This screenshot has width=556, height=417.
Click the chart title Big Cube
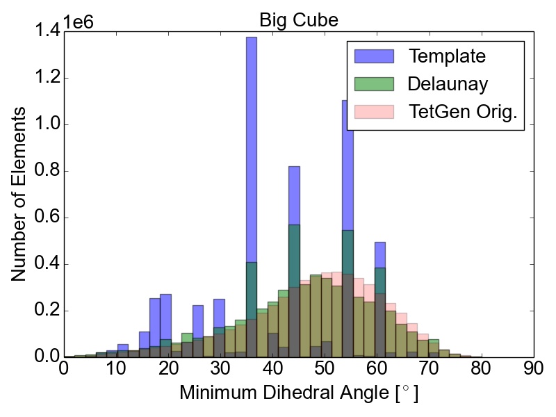click(298, 20)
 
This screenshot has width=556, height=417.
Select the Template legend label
click(447, 55)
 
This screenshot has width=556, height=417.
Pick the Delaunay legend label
click(448, 83)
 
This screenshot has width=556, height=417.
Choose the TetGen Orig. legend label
click(464, 112)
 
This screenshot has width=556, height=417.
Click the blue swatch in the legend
click(374, 55)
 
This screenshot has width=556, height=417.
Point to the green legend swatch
click(374, 83)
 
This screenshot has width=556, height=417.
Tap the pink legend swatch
click(374, 112)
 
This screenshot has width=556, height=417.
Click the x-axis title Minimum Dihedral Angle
click(299, 393)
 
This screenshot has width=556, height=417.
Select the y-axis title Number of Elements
click(20, 194)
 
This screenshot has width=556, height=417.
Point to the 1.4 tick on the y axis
click(46, 32)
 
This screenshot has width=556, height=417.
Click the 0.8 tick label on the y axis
click(46, 172)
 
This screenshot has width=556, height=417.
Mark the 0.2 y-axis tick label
click(46, 311)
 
